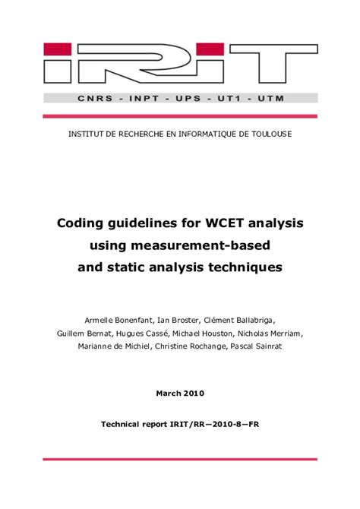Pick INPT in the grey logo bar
(136, 99)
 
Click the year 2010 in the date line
(193, 393)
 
